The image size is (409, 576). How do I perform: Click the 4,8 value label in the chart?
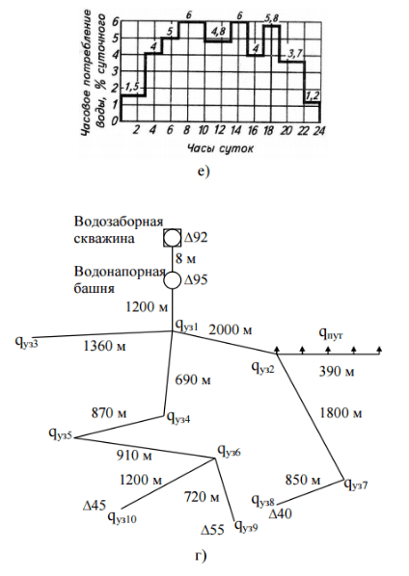pyautogui.click(x=218, y=33)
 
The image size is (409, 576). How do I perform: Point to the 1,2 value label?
pyautogui.click(x=313, y=96)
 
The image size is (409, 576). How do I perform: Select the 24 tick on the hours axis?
pyautogui.click(x=319, y=130)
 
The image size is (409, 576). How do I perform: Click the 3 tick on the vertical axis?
pyautogui.click(x=115, y=70)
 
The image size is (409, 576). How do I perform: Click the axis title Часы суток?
pyautogui.click(x=220, y=148)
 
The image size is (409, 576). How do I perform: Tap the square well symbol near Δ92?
pyautogui.click(x=172, y=238)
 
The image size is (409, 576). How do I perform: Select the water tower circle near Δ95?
pyautogui.click(x=172, y=280)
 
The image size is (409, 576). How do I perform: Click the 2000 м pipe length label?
pyautogui.click(x=231, y=329)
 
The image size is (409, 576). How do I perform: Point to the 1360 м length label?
pyautogui.click(x=104, y=345)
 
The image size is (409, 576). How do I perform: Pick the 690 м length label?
pyautogui.click(x=194, y=380)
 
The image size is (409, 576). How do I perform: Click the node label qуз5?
pyautogui.click(x=62, y=433)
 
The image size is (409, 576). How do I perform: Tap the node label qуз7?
pyautogui.click(x=356, y=484)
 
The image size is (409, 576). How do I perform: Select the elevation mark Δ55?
pyautogui.click(x=212, y=530)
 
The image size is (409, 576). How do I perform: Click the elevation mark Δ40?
pyautogui.click(x=281, y=513)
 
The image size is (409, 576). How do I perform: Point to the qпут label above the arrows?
pyautogui.click(x=331, y=334)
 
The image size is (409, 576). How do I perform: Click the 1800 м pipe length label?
pyautogui.click(x=341, y=413)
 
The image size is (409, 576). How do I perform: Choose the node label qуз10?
pyautogui.click(x=123, y=517)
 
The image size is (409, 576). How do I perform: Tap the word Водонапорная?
pyautogui.click(x=119, y=273)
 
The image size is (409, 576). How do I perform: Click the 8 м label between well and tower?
pyautogui.click(x=186, y=259)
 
